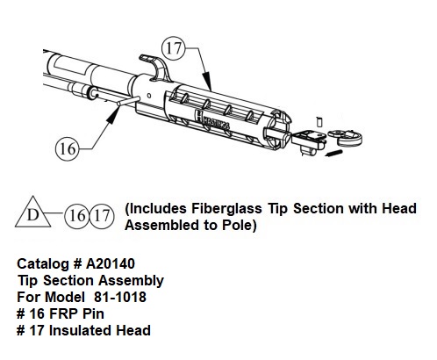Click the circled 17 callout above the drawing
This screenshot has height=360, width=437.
174,47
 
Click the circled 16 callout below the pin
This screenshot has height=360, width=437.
68,148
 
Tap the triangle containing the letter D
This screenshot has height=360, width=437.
32,212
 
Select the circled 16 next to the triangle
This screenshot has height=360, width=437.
76,216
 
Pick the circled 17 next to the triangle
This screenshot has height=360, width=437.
101,216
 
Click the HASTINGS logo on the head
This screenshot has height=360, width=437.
212,120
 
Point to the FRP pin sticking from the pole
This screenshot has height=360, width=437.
127,101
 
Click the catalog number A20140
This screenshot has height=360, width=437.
111,263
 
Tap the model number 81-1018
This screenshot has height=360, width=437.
120,297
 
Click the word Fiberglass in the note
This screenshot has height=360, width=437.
226,209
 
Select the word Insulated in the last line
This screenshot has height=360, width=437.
81,330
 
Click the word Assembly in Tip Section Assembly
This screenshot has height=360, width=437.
131,281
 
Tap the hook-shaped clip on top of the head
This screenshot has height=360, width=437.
154,68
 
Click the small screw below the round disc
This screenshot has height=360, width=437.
333,153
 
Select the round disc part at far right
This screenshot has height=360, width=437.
346,137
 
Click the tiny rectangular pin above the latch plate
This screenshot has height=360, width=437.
319,122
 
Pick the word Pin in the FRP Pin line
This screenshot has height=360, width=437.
93,313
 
